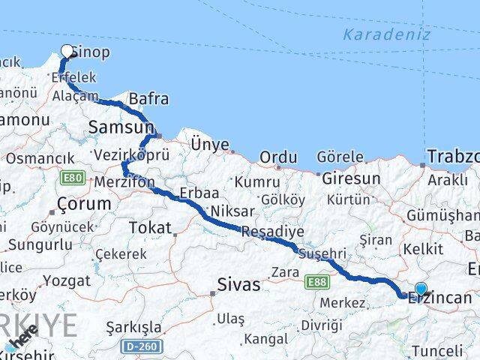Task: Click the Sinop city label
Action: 94,52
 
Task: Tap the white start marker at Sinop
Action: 67,52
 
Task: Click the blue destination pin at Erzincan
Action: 421,289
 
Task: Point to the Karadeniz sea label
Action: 386,34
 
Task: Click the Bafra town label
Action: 148,99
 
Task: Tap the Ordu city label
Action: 278,157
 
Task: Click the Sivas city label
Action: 238,284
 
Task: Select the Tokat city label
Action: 150,228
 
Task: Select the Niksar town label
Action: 232,211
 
